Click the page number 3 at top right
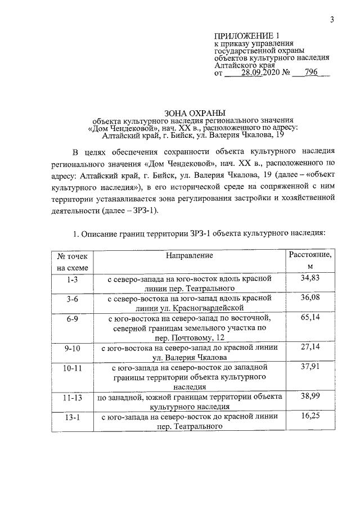click(x=332, y=20)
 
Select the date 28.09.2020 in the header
click(x=261, y=73)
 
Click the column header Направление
click(x=189, y=256)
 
